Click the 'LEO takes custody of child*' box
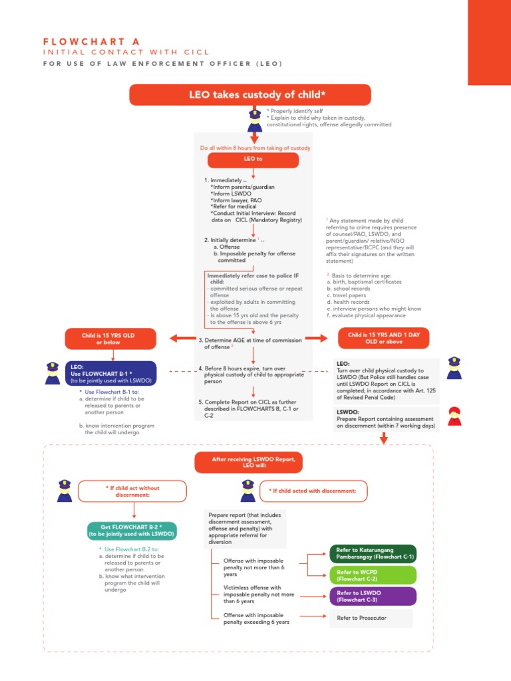(x=250, y=94)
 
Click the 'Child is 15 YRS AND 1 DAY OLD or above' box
(x=384, y=339)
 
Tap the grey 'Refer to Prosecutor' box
(x=371, y=618)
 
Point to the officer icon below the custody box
(x=255, y=120)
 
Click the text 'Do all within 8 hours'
(x=255, y=148)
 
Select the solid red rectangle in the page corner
(x=489, y=42)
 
